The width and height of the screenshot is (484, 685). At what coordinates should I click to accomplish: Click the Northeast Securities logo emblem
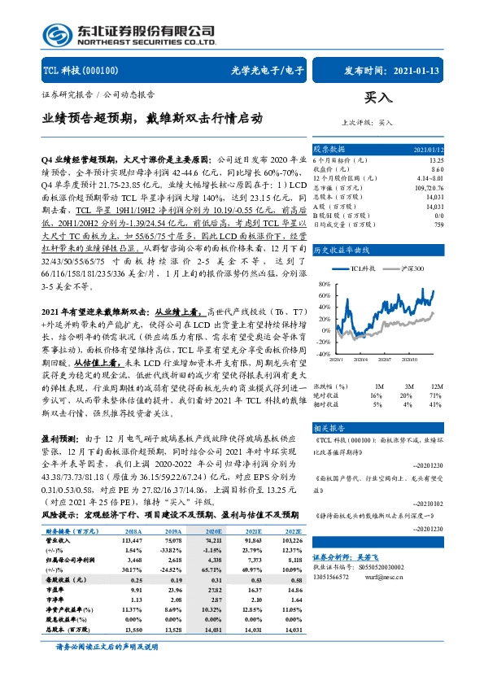[x=59, y=33]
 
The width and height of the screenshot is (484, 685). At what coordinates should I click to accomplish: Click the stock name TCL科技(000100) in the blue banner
[x=81, y=70]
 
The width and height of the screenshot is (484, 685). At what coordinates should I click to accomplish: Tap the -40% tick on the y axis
[x=324, y=354]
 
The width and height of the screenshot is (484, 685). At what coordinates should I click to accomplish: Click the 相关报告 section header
[x=330, y=428]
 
